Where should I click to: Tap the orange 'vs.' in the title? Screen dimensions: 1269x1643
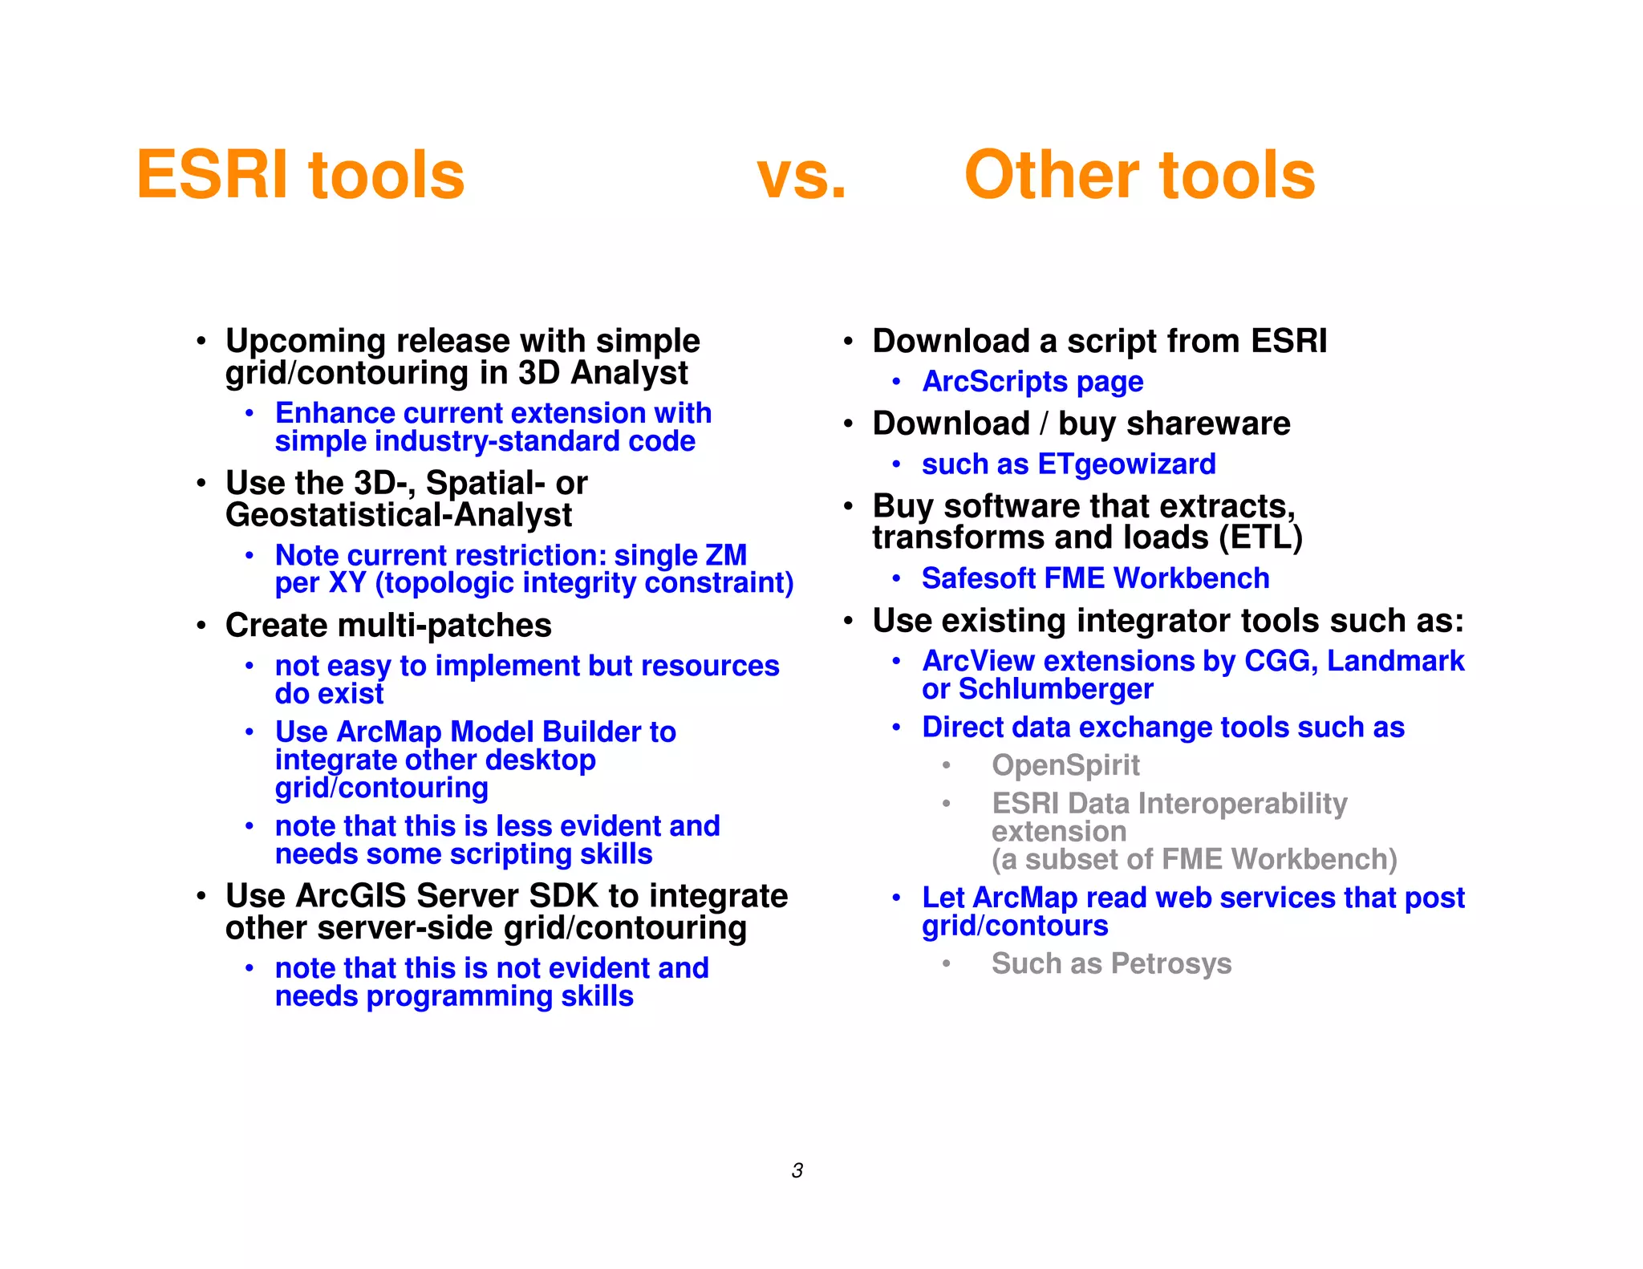tap(801, 175)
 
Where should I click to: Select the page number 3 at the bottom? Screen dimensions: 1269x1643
tap(797, 1170)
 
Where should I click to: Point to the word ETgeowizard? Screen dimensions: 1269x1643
tap(1126, 464)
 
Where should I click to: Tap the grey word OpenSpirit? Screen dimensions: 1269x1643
tap(1065, 765)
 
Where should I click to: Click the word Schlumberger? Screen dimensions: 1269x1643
tap(1056, 689)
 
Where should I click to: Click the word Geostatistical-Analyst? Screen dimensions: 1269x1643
tap(399, 515)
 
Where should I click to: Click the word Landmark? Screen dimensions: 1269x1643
tap(1395, 661)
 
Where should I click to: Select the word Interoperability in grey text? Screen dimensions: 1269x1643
tap(1241, 804)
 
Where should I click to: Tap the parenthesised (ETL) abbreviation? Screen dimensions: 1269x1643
tap(1260, 537)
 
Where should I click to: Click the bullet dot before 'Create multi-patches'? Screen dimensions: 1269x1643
tap(201, 626)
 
